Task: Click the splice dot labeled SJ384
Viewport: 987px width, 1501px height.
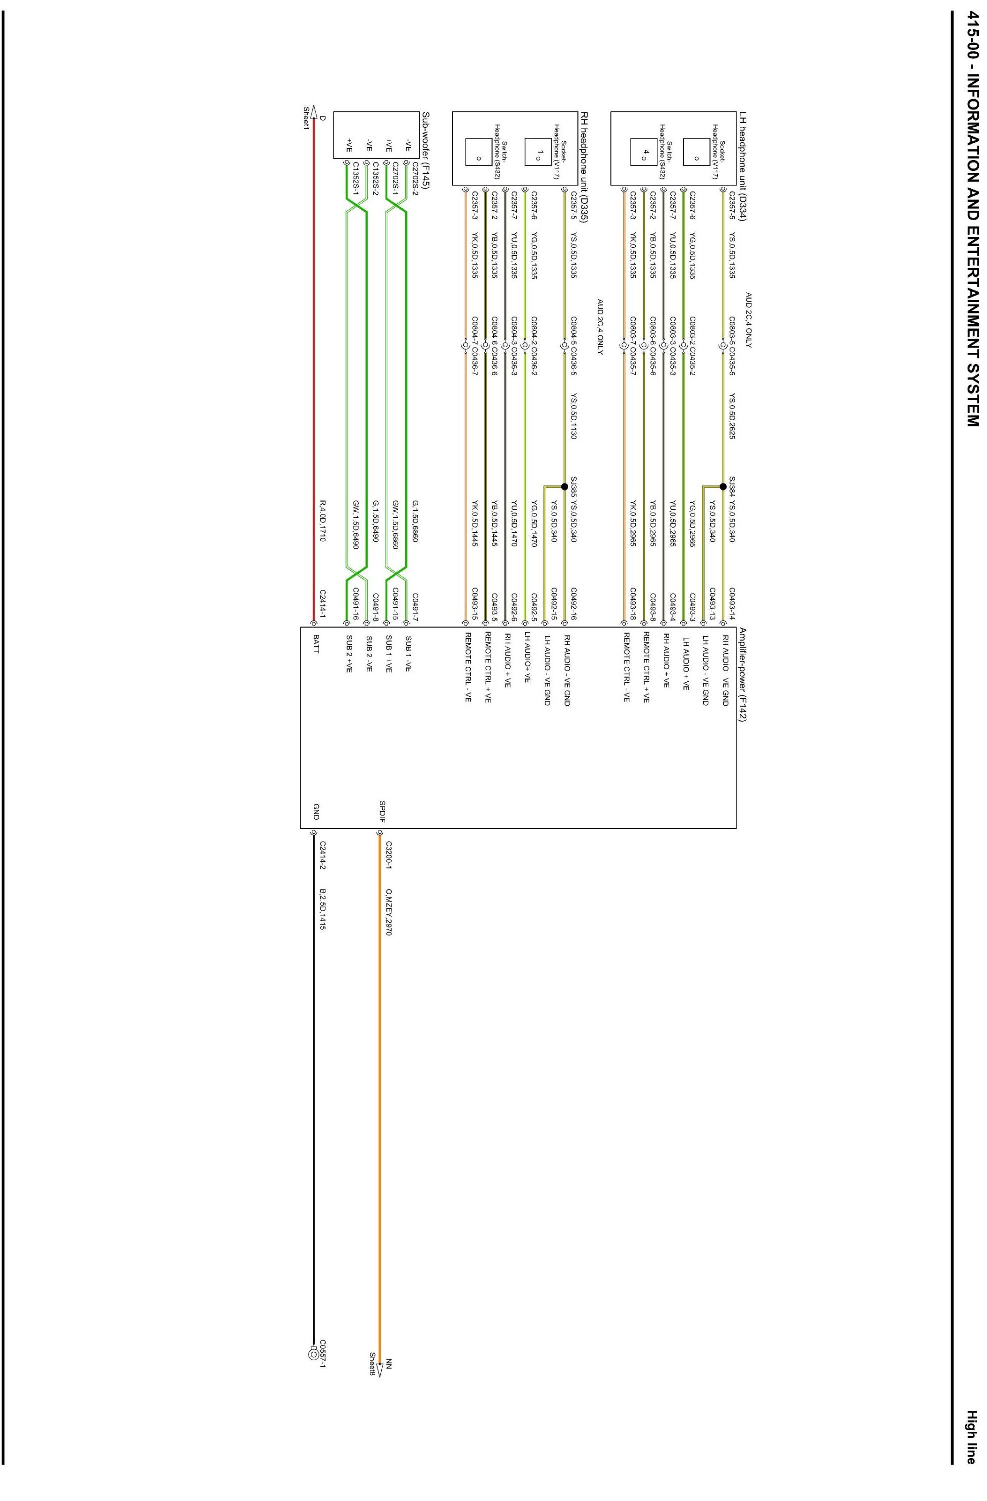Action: click(x=723, y=486)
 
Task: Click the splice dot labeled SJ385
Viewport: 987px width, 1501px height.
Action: click(x=564, y=486)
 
